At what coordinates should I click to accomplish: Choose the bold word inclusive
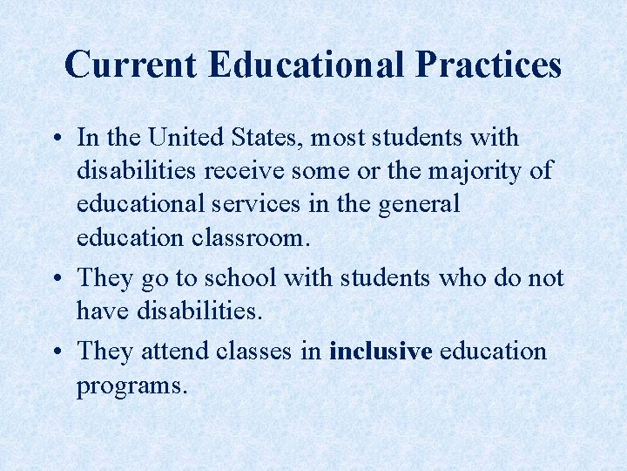click(381, 352)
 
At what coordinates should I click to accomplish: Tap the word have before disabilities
click(99, 310)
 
